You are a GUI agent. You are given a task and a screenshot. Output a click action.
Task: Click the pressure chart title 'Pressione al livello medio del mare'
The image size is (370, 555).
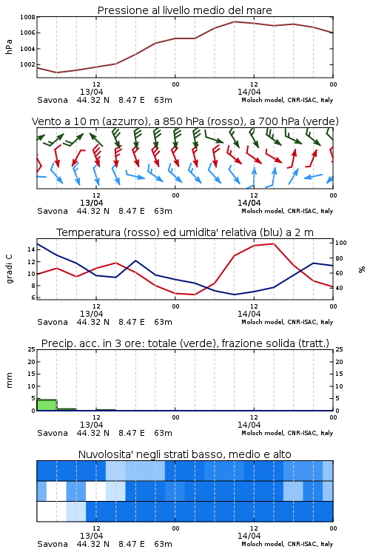coord(184,10)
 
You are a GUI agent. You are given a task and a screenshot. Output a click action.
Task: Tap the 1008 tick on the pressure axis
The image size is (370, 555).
coord(27,17)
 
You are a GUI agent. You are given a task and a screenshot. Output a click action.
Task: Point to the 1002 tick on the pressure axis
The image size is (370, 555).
coord(27,64)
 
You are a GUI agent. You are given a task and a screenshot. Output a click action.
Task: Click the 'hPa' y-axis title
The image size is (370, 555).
coord(9,47)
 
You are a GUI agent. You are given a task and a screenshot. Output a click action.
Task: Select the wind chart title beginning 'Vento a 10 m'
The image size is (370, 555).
coord(185,121)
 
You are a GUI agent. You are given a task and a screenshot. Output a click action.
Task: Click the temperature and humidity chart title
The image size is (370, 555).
coord(185,232)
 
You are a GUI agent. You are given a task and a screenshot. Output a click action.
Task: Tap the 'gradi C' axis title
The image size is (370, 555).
coord(9,269)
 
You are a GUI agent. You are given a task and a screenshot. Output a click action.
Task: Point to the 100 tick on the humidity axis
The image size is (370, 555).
coord(340,243)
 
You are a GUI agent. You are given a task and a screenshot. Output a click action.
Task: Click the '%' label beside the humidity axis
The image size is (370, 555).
coord(362,269)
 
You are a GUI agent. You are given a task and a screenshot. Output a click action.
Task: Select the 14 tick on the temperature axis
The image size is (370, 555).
coord(31,249)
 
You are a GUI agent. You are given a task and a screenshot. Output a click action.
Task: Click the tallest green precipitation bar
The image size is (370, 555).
coord(47,405)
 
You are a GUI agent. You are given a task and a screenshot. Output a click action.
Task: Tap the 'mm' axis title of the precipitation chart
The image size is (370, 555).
coord(9,380)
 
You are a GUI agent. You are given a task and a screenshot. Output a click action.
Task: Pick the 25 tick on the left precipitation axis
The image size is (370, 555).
coord(32,349)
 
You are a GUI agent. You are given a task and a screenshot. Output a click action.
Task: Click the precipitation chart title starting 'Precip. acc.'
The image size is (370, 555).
coord(185,343)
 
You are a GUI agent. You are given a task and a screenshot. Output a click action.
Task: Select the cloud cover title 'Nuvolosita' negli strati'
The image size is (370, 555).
coord(184,454)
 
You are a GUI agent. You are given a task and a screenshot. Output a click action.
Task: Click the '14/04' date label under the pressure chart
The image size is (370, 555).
coord(249,92)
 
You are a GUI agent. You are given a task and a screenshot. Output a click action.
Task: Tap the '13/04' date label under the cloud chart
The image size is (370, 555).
coord(91,536)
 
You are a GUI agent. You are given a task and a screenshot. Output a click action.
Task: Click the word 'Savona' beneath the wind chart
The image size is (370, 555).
coord(53,211)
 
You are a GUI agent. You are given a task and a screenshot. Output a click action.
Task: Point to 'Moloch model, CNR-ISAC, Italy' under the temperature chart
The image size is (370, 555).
coord(287,322)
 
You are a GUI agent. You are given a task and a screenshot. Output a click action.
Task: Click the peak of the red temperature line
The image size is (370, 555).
coord(273,243)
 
